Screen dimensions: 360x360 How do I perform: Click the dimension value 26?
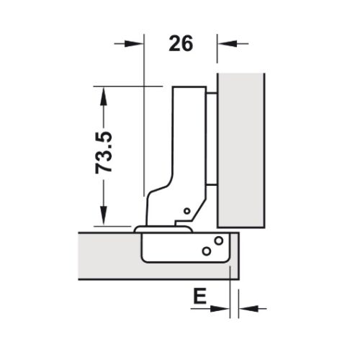click(181, 43)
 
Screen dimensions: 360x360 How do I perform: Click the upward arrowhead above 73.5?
click(105, 94)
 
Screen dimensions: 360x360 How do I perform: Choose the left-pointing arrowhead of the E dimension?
click(244, 309)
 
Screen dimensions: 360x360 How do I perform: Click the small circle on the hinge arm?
click(186, 212)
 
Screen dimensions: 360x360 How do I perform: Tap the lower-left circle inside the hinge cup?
click(206, 251)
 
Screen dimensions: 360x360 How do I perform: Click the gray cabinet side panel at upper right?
click(241, 144)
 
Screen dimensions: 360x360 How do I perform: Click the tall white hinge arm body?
click(189, 144)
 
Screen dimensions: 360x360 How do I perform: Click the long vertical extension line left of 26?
click(144, 108)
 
